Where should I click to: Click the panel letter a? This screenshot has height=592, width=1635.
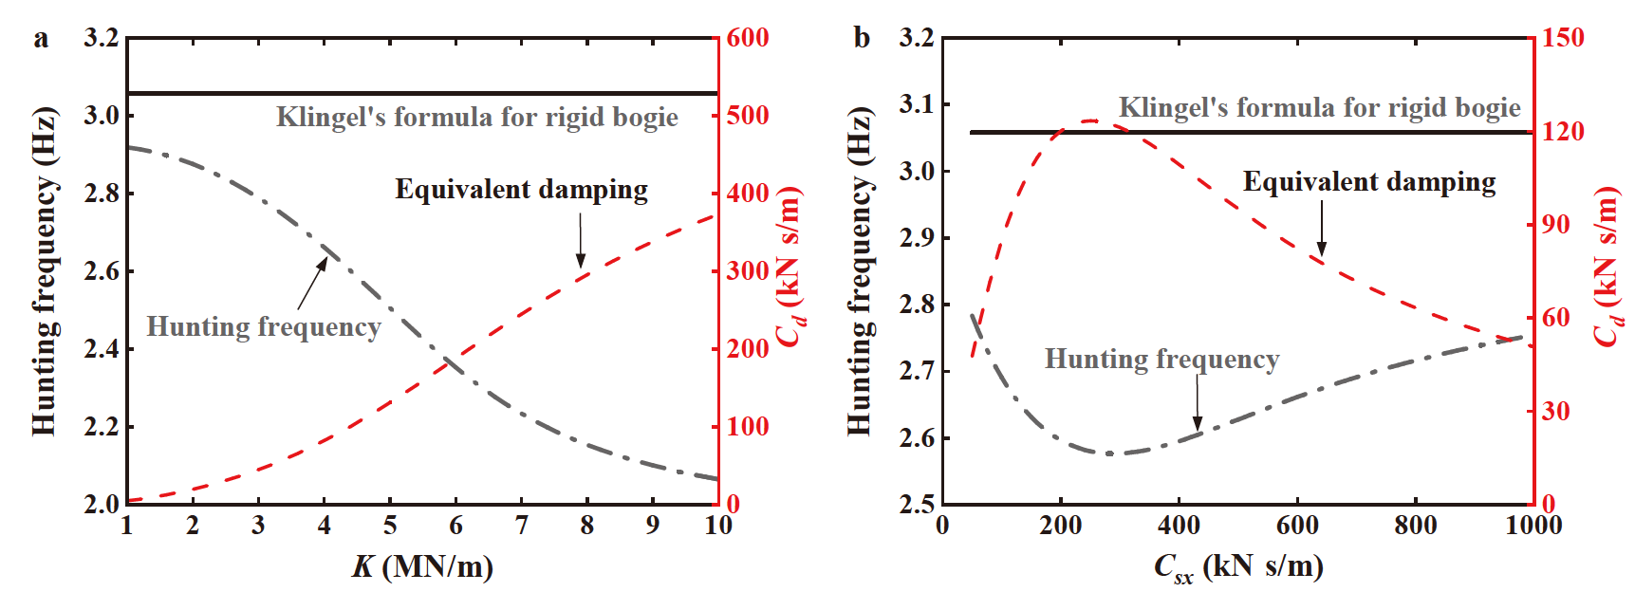coord(40,39)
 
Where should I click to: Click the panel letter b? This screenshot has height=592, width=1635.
coord(862,39)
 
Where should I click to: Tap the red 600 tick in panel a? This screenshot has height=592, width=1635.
coord(748,38)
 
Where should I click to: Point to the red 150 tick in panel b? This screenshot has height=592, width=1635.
coord(1563,38)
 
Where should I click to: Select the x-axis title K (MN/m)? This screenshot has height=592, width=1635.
coord(422,567)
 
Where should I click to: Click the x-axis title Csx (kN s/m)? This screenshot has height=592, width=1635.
coord(1237,567)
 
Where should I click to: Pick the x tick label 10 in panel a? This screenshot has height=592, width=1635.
coord(718,526)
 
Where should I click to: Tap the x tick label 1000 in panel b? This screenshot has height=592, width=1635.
coord(1533,526)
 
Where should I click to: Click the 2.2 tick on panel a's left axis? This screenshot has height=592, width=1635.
coord(102,427)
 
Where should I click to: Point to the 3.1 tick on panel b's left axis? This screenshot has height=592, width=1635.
coord(917,104)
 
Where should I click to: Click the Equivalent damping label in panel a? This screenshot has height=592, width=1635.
coord(521,190)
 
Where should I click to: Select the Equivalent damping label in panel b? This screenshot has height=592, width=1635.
coord(1368,182)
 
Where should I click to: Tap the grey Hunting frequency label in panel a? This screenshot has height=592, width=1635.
coord(263,327)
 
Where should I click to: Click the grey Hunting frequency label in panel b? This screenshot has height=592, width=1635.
coord(1161,360)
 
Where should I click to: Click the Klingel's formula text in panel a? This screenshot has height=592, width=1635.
coord(476,118)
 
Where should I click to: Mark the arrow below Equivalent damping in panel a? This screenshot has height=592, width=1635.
coord(581,241)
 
